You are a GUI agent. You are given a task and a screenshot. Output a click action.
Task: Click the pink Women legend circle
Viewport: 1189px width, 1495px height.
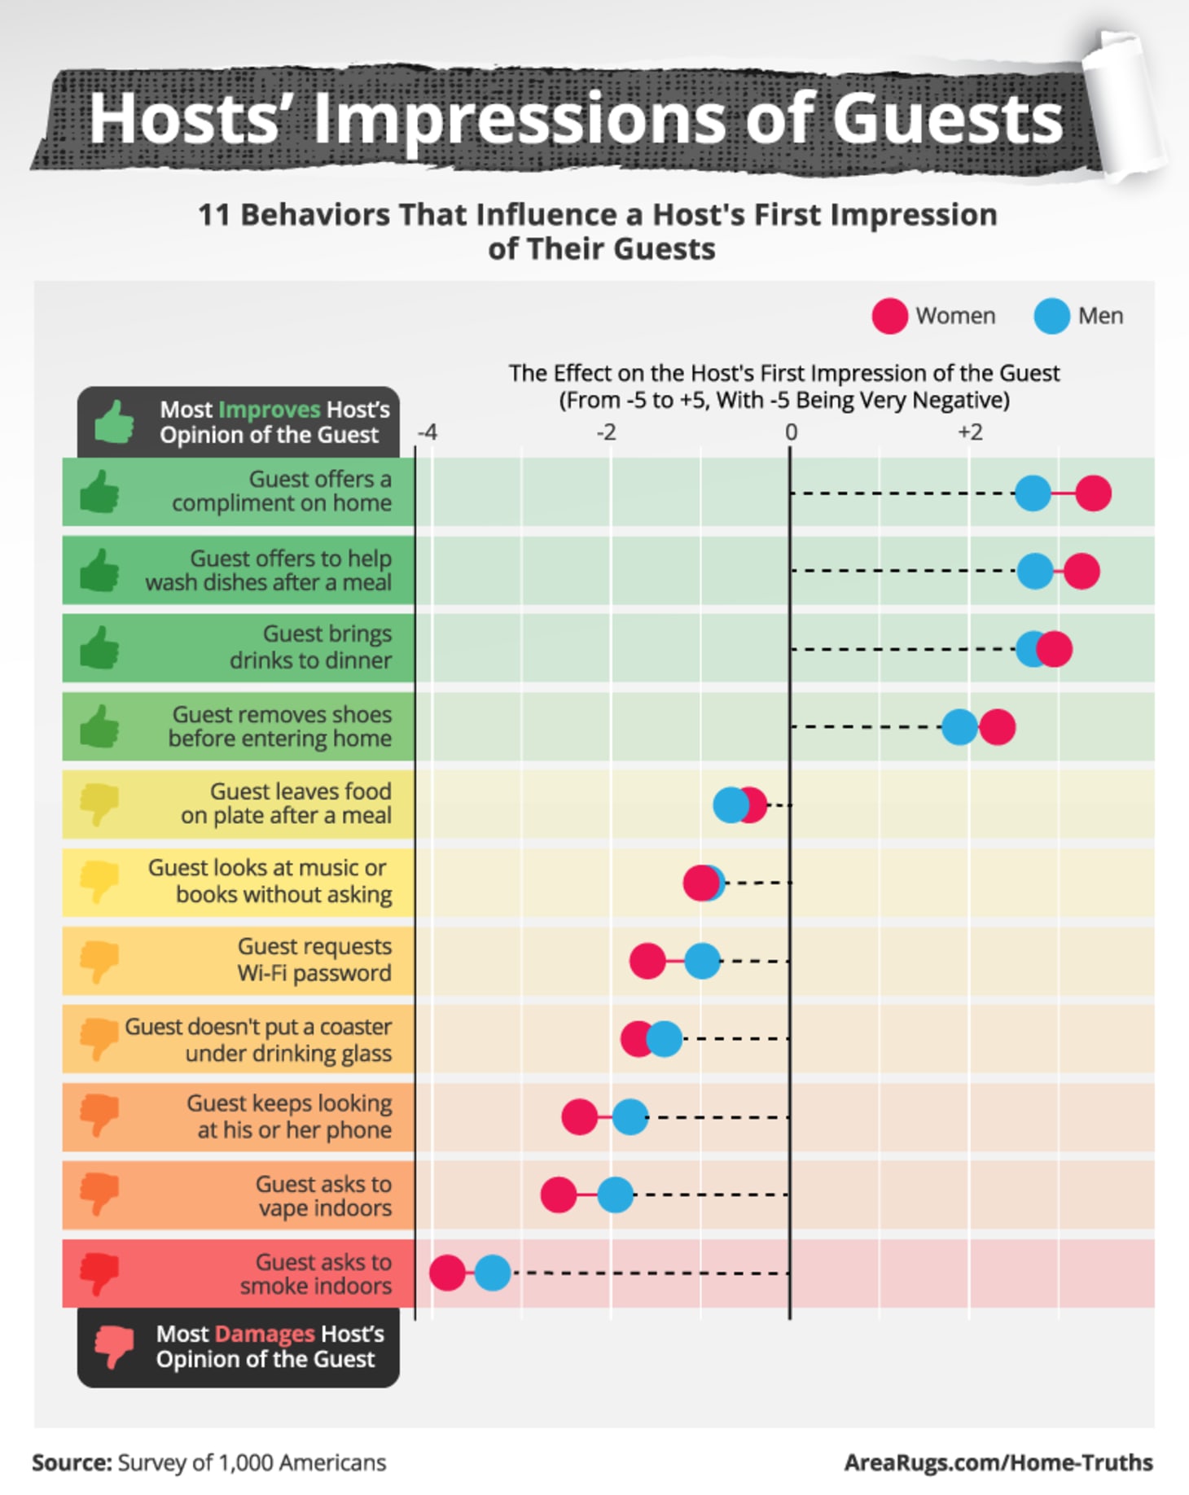(x=889, y=316)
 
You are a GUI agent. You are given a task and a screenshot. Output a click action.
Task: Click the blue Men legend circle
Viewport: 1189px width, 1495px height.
(x=1051, y=316)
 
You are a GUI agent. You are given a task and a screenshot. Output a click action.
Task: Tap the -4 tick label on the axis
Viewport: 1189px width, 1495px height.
(x=428, y=432)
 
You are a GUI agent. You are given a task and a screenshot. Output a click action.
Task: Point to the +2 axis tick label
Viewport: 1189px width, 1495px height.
(x=969, y=432)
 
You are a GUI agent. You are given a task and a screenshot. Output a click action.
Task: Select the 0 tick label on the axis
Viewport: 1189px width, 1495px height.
(x=790, y=432)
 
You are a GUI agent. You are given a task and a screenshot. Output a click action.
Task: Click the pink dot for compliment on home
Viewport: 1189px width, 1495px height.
(x=1093, y=493)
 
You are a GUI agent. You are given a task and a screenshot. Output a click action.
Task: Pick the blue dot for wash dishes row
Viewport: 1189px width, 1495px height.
(x=1035, y=571)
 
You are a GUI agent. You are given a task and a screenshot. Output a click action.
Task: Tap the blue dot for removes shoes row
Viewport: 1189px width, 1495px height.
(x=959, y=726)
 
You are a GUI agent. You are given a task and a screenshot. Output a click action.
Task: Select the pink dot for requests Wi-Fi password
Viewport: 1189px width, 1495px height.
(x=647, y=961)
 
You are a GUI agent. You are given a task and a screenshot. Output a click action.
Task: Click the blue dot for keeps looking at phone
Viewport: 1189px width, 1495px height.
(x=630, y=1117)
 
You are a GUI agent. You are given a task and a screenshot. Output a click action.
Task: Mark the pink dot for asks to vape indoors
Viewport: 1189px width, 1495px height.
(x=559, y=1195)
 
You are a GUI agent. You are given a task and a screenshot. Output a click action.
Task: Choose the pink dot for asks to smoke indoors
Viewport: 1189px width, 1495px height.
(x=447, y=1273)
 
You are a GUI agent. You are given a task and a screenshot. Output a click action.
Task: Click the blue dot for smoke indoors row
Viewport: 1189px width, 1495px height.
(x=493, y=1273)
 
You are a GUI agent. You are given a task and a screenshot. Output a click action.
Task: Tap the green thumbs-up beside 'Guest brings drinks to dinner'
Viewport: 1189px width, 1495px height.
(x=99, y=648)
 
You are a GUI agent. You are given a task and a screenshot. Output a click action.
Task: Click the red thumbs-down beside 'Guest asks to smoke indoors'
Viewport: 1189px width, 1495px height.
(x=99, y=1273)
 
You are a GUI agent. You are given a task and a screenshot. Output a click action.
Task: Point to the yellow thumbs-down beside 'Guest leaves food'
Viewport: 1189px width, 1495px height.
(x=99, y=804)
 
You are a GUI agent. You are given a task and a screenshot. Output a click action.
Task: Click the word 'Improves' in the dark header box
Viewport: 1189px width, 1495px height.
(x=270, y=410)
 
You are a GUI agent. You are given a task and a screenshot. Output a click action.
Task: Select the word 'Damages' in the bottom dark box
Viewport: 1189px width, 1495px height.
(x=265, y=1334)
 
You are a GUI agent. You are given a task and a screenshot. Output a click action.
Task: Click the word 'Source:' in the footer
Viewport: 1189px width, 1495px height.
(x=72, y=1462)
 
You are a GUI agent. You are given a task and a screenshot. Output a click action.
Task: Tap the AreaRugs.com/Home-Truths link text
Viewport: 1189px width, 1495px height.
(x=998, y=1462)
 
